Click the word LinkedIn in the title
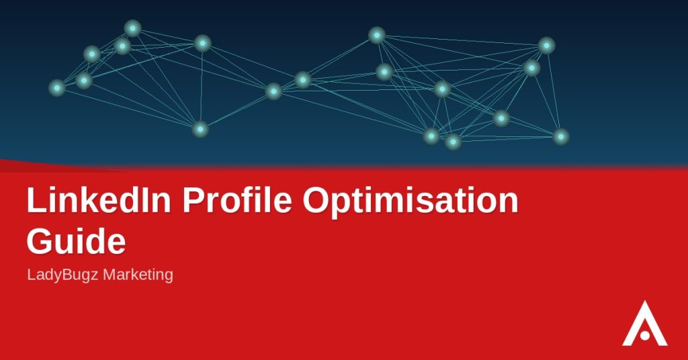coord(99,200)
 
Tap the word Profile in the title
coord(237,200)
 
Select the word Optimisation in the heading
coord(411,201)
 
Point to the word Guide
coord(77,240)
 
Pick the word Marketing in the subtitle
coord(138,275)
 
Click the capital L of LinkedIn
coord(35,200)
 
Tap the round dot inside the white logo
coord(644,335)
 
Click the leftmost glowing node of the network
coord(57,88)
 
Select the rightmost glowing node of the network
coord(561,136)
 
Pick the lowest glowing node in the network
coord(453,142)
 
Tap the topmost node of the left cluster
coord(132,28)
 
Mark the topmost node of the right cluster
coord(376,35)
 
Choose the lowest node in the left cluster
coord(200,129)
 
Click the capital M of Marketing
coord(108,275)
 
